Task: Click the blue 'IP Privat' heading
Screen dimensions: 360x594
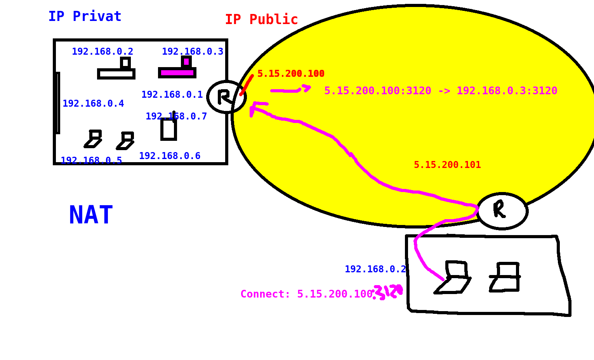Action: pos(85,17)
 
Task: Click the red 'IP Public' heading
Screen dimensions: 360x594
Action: pos(261,20)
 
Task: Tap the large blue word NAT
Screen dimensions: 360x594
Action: pos(91,215)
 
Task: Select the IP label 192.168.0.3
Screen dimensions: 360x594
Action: pos(193,52)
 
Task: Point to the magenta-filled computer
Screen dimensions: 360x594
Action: pos(177,69)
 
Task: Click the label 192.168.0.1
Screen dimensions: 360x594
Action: pos(172,95)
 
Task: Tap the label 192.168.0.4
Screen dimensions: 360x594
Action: pos(93,104)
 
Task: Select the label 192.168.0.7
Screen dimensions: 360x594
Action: pos(176,116)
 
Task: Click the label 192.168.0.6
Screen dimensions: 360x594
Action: pos(170,156)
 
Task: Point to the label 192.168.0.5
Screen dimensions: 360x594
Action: pos(91,161)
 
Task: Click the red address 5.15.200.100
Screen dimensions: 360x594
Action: pos(291,74)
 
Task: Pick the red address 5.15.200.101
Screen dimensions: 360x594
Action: pos(447,165)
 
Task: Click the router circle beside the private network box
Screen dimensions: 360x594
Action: pos(226,97)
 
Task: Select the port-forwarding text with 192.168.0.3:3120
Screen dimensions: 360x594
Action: pos(441,91)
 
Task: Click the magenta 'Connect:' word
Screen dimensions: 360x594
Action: pos(265,294)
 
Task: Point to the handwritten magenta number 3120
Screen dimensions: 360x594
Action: pos(388,292)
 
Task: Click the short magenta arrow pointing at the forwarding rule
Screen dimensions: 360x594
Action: pos(290,90)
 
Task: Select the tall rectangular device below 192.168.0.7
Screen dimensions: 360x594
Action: pos(168,129)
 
